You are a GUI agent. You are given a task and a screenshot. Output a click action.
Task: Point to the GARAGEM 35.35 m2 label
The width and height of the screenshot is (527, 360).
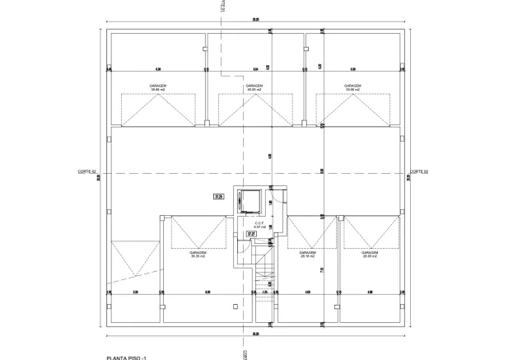coord(198,255)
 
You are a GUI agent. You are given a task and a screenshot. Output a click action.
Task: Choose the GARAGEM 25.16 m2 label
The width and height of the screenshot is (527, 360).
coord(309,255)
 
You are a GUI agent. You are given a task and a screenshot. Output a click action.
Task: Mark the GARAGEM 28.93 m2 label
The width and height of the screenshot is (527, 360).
coord(370,255)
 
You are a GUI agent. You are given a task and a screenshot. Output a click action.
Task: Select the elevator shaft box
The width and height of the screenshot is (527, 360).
coord(248,200)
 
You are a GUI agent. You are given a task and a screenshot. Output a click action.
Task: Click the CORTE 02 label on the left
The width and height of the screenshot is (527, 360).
coord(87,171)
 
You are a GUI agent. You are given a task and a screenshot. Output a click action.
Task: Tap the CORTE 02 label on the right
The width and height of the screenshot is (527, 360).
coord(420,171)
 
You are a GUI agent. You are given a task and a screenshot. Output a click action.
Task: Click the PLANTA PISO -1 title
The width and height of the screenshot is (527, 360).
coord(132,357)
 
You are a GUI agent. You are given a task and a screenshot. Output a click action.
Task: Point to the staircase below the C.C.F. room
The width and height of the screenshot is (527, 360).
coord(263,284)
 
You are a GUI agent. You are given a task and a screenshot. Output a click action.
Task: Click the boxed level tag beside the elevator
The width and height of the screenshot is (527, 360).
coord(220,197)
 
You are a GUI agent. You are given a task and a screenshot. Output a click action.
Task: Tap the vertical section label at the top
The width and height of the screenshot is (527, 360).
coord(223,7)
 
